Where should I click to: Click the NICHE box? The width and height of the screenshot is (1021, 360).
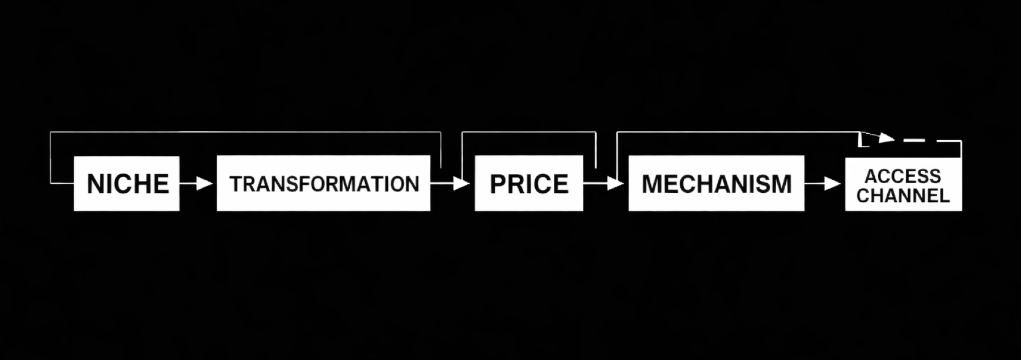126,183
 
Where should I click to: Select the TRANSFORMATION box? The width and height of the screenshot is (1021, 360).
323,183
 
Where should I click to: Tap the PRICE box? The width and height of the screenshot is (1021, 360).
528,183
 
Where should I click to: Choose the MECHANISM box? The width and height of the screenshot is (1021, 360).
716,183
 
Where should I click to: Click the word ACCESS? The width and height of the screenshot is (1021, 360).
903,176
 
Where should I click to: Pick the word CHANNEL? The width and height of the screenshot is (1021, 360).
903,196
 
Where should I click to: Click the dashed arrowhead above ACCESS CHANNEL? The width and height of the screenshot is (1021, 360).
885,137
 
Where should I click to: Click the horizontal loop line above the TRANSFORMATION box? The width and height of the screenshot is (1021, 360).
244,132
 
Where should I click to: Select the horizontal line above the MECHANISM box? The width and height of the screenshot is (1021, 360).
737,132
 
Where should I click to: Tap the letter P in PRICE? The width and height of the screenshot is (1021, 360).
497,184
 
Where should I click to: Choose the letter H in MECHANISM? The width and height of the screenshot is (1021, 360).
703,184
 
